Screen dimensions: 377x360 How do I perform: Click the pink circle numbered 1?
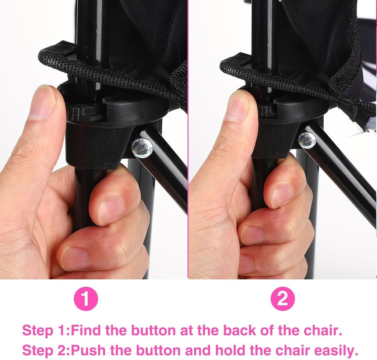pos(86,299)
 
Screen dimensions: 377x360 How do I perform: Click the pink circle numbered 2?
pos(282,299)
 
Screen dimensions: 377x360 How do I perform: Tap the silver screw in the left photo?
pos(142,148)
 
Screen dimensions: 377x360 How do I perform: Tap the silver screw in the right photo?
pos(307,140)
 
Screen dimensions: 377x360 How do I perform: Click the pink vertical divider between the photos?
pos(188,140)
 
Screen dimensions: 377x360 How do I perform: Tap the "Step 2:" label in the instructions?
pos(46,350)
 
